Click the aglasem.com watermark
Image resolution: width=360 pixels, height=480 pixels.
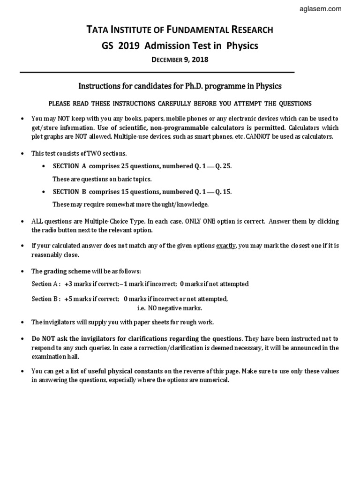coord(331,8)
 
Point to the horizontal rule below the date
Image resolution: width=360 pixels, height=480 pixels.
coord(157,72)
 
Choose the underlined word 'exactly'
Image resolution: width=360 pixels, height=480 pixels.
coord(226,246)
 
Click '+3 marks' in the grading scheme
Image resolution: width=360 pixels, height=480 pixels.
coord(78,284)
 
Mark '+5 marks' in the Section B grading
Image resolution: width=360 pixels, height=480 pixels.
coord(78,299)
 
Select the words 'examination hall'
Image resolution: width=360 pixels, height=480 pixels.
coord(52,356)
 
